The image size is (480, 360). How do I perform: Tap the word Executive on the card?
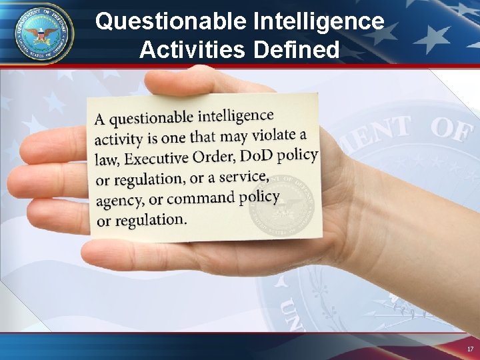(x=157, y=159)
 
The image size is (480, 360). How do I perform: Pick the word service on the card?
(x=244, y=177)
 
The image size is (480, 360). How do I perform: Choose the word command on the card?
(x=201, y=198)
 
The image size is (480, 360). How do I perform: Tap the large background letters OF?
(x=451, y=129)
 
